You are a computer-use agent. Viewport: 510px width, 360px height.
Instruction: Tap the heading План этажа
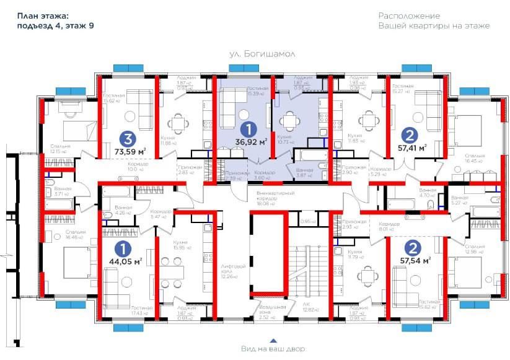click(43, 15)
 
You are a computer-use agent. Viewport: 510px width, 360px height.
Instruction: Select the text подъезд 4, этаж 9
click(55, 26)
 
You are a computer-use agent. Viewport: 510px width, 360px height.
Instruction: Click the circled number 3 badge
click(128, 138)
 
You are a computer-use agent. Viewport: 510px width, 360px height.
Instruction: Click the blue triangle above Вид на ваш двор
click(272, 340)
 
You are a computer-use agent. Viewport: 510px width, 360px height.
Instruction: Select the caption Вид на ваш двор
click(273, 349)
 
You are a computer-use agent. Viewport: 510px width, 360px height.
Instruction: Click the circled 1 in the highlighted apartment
click(248, 129)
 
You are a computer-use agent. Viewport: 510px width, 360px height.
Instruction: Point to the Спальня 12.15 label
click(61, 149)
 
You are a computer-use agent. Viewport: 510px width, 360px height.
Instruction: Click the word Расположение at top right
click(409, 15)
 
